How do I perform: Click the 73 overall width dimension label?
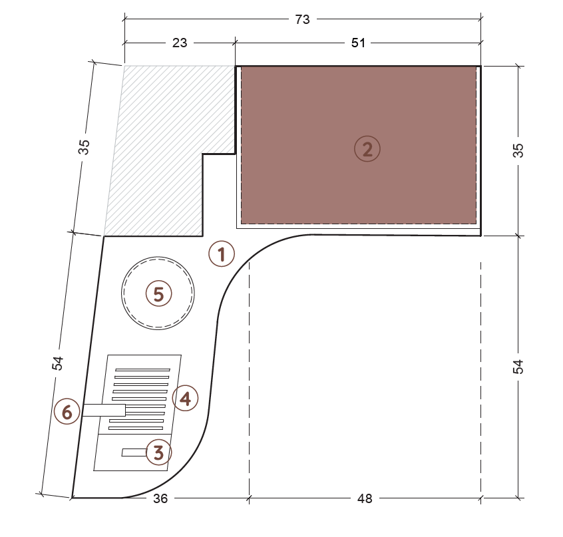pos(302,19)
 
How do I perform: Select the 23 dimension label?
pos(180,43)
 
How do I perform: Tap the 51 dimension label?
pos(358,43)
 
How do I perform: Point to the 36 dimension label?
pos(160,498)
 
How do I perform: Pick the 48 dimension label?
pos(365,498)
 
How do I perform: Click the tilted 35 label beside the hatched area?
pos(84,147)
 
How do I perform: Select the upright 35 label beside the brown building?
pos(518,150)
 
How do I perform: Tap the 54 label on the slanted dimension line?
pos(57,363)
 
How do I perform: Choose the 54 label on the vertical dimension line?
pos(518,367)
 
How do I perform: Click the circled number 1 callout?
pos(222,254)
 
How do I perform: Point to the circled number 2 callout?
pos(367,149)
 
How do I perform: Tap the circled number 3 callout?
pos(158,452)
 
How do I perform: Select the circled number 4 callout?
pos(185,398)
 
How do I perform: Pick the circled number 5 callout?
pos(158,294)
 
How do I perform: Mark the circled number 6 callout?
pos(67,411)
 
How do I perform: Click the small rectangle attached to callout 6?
pos(104,411)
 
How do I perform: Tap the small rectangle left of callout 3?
pos(134,452)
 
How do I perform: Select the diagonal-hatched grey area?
pos(162,151)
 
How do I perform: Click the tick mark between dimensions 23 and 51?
pos(235,43)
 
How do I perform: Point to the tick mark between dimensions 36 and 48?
pos(249,498)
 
